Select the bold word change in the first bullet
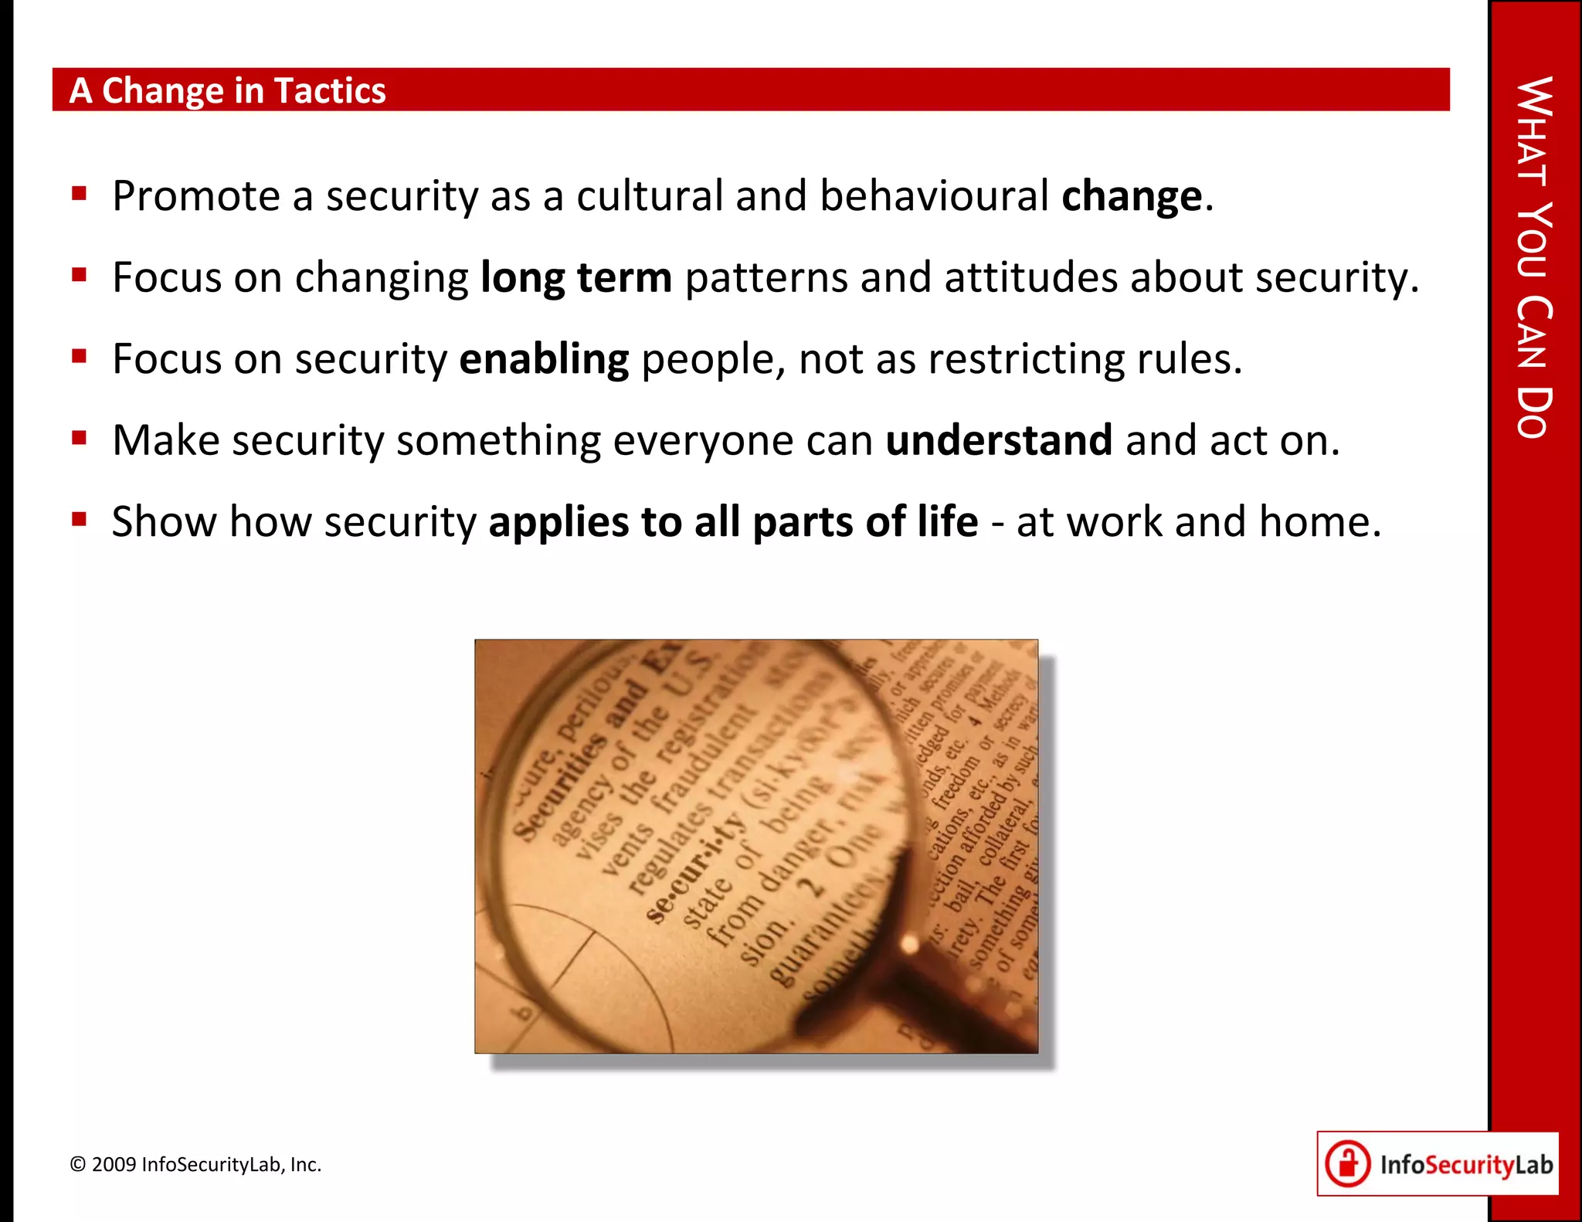click(x=1132, y=196)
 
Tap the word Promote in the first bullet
click(x=195, y=196)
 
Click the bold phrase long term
click(x=575, y=277)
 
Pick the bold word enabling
click(x=544, y=359)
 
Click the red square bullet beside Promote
click(x=79, y=192)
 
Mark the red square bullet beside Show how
click(x=79, y=518)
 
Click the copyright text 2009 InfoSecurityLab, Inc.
click(x=195, y=1164)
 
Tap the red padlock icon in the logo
click(x=1348, y=1163)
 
